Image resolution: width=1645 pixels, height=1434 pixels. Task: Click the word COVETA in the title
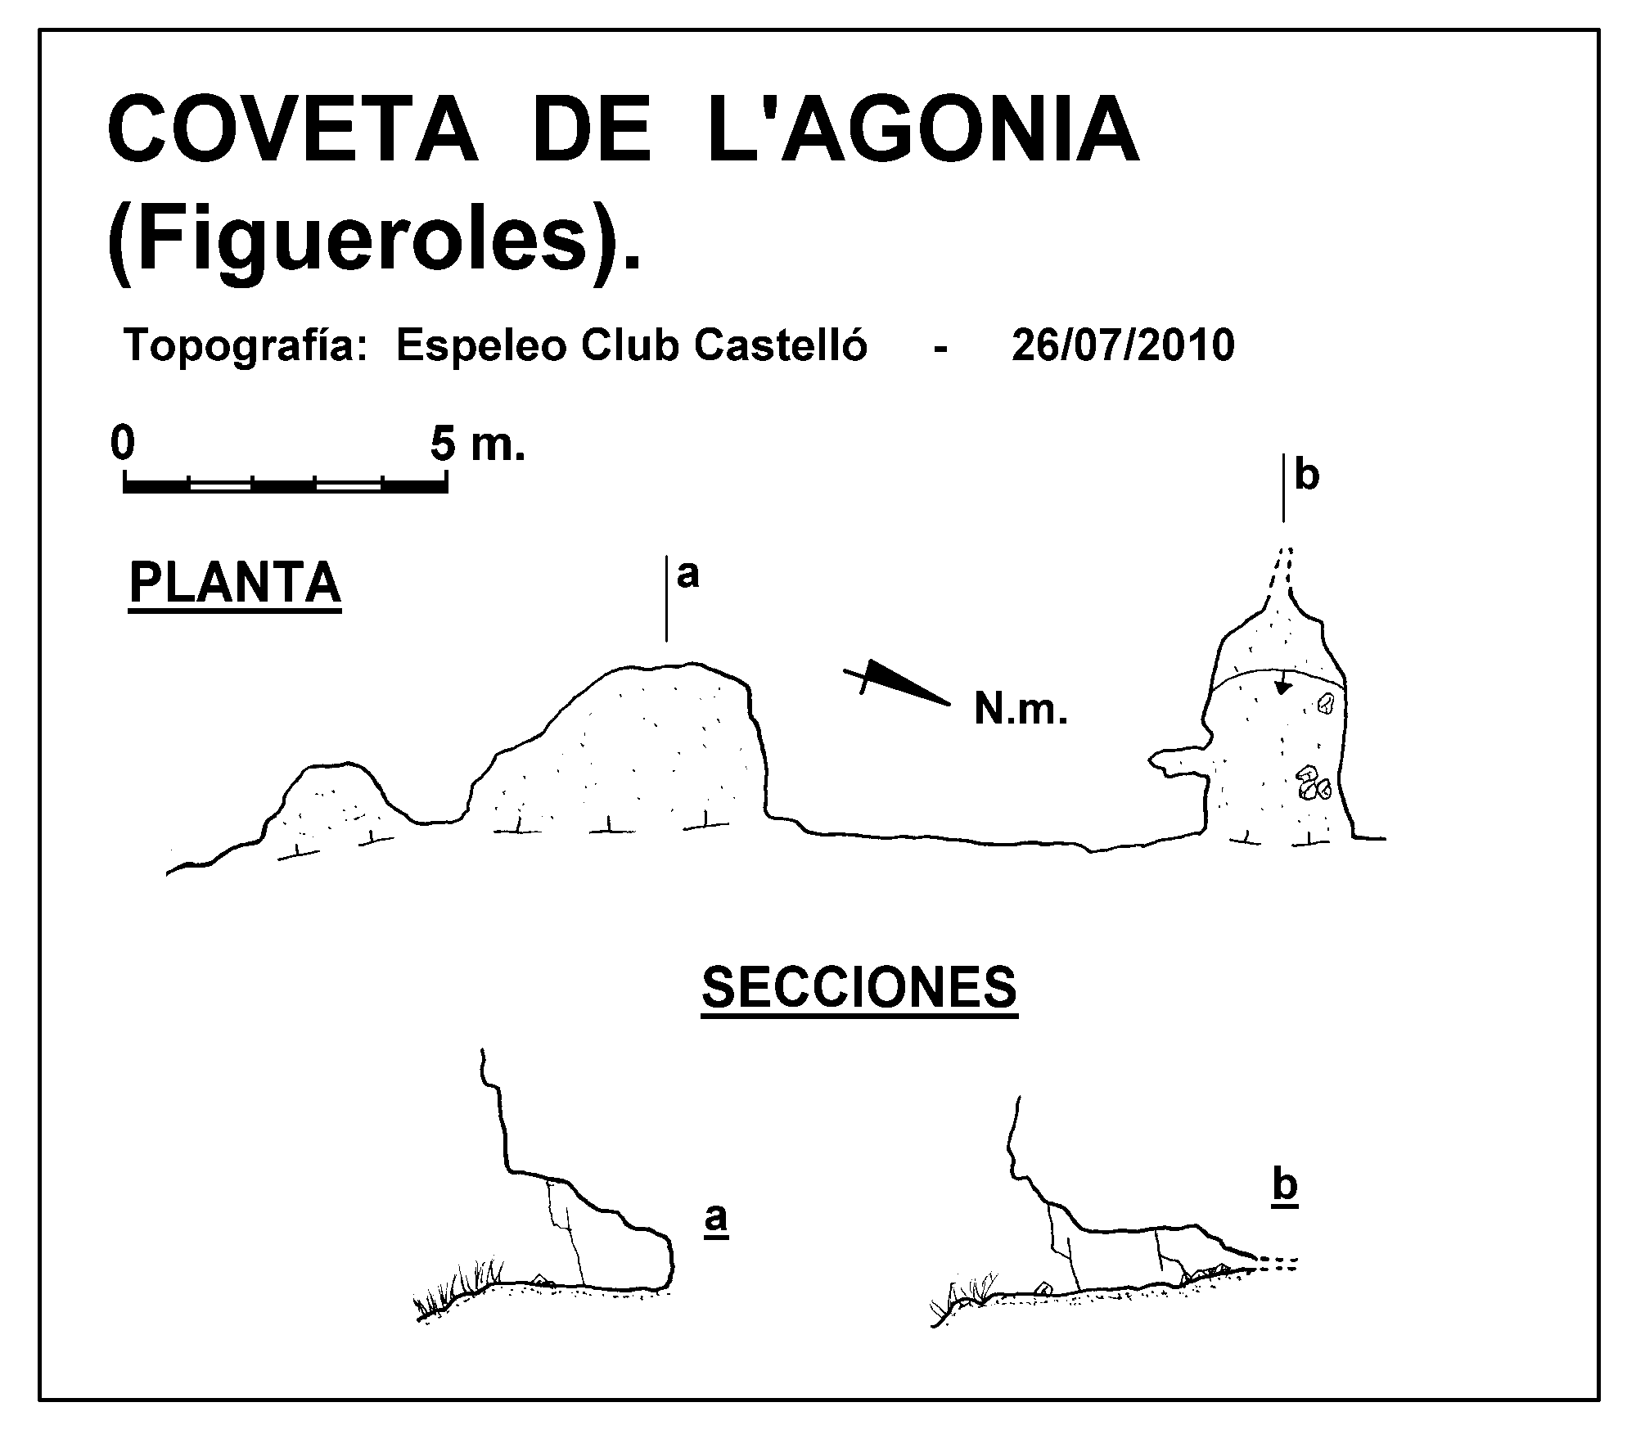292,130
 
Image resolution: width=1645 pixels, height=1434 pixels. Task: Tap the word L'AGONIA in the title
923,130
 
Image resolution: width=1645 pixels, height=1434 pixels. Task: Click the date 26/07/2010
1123,345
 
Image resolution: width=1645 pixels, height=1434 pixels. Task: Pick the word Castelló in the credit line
780,345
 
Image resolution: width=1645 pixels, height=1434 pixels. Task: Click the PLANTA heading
235,583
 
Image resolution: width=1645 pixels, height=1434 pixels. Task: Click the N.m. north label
1021,709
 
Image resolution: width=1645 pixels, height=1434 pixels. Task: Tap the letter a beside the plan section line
688,575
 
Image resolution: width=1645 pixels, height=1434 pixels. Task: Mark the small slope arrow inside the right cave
1283,682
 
